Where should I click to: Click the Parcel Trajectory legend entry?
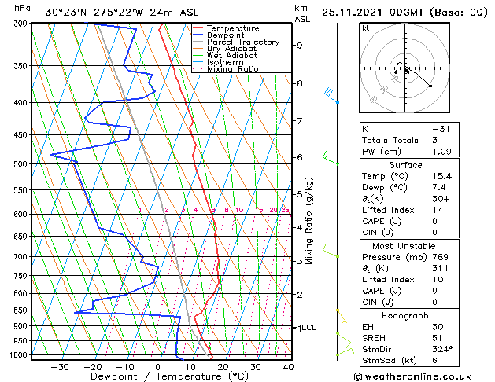click(x=242, y=42)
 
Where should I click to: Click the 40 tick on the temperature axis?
click(x=288, y=366)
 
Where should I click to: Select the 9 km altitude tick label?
click(x=299, y=46)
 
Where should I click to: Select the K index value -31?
click(x=441, y=129)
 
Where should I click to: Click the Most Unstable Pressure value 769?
click(x=441, y=257)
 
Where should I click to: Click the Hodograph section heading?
click(x=404, y=315)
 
